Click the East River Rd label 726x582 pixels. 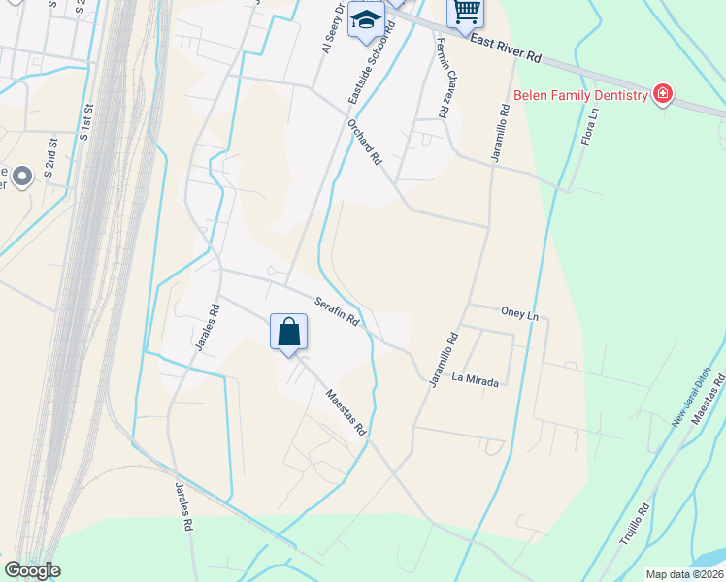(505, 47)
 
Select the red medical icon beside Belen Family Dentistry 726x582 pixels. (663, 94)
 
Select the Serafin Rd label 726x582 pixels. (336, 310)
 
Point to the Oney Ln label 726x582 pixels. (519, 314)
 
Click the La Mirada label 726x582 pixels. (477, 383)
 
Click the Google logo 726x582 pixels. (32, 570)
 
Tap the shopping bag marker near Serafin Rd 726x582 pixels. (289, 333)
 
